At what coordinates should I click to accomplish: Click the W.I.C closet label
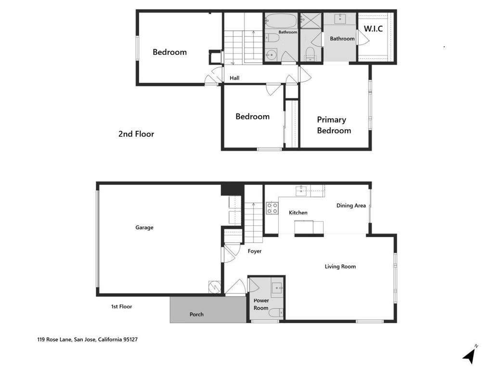[x=373, y=28]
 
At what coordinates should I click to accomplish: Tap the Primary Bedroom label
[x=334, y=125]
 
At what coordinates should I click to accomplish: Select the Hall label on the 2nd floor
[x=234, y=78]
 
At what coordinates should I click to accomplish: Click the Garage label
[x=144, y=227]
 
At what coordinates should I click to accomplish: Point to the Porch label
[x=196, y=314]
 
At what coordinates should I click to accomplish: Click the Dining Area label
[x=351, y=205]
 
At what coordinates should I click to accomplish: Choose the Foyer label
[x=254, y=251]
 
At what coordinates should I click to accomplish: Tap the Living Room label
[x=340, y=266]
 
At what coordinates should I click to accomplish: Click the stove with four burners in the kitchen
[x=272, y=208]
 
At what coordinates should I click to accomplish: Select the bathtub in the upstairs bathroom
[x=281, y=21]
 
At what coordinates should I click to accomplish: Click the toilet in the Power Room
[x=277, y=312]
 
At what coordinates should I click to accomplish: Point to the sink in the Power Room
[x=277, y=288]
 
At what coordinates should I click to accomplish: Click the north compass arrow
[x=469, y=356]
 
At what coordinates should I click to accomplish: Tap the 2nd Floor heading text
[x=136, y=134]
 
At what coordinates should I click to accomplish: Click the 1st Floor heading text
[x=121, y=306]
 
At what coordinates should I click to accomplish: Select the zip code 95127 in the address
[x=130, y=340]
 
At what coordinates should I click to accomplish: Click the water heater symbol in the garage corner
[x=214, y=287]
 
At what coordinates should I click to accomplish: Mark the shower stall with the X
[x=311, y=20]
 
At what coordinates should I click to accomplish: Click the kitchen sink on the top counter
[x=301, y=191]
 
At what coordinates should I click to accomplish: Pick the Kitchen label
[x=298, y=212]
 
